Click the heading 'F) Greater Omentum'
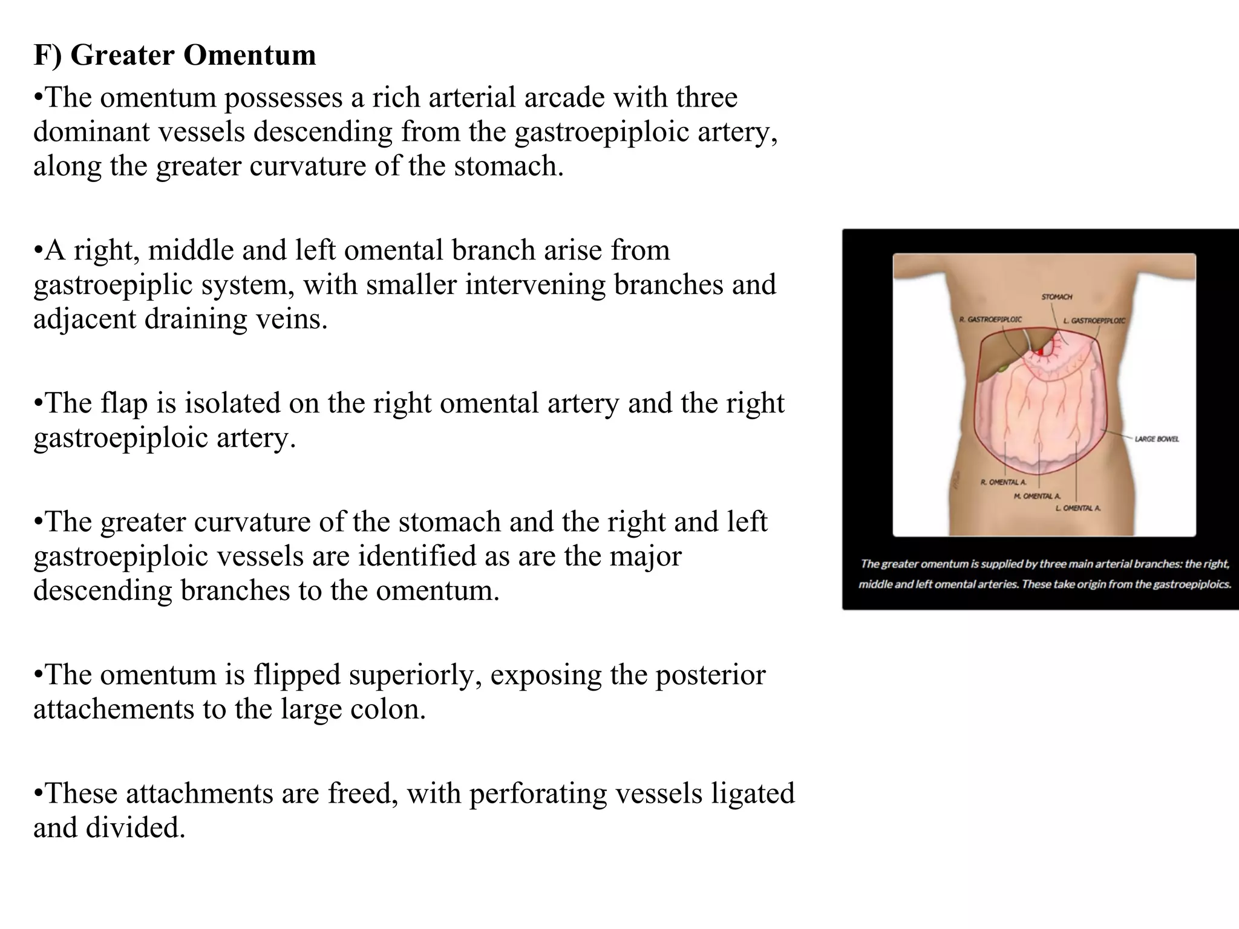[x=174, y=55]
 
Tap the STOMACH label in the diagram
[x=1056, y=297]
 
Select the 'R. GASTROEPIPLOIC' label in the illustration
[x=990, y=319]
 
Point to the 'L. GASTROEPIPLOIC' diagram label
[x=1094, y=321]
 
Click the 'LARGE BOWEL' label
[x=1156, y=438]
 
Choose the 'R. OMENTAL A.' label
[x=1003, y=482]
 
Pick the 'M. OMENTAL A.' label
[x=1037, y=496]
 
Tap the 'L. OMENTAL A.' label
[x=1078, y=508]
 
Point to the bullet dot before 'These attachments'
[x=38, y=794]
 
